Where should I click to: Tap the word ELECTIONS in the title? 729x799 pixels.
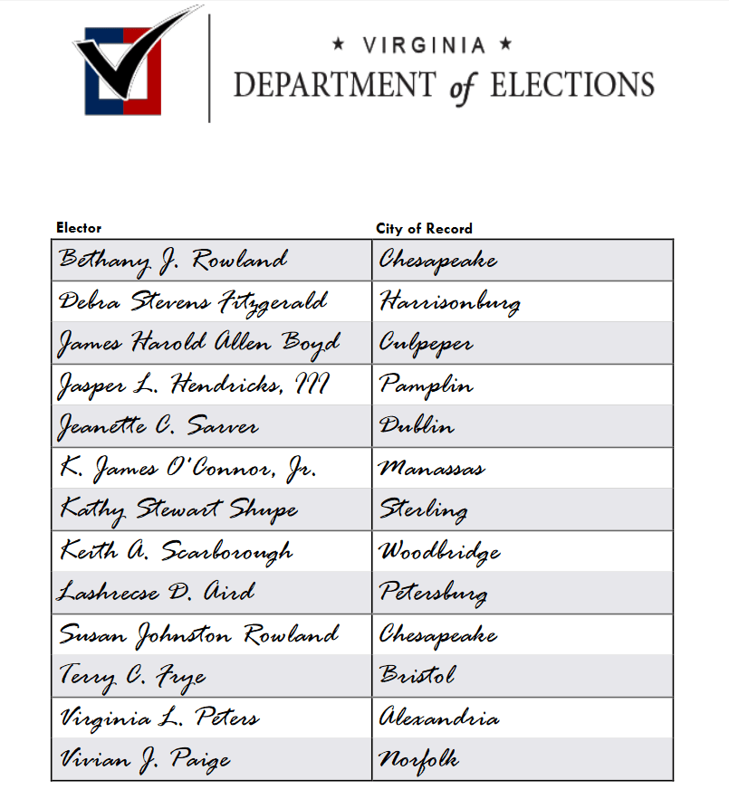[x=571, y=85]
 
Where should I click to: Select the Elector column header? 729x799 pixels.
[x=79, y=228]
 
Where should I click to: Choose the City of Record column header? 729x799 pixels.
[x=424, y=229]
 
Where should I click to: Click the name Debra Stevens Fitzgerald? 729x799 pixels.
[x=193, y=301]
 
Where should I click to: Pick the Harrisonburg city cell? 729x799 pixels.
[x=449, y=301]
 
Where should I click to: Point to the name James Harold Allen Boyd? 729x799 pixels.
[x=199, y=343]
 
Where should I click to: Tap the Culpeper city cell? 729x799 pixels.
[x=426, y=344]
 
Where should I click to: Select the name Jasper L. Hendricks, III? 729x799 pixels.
[x=193, y=385]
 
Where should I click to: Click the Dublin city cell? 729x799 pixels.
[x=417, y=426]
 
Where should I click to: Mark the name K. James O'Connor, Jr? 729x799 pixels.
[x=187, y=469]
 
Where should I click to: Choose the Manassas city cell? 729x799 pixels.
[x=431, y=469]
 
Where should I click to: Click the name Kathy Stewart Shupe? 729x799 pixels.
[x=178, y=509]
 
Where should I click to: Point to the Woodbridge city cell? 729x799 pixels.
[x=439, y=550]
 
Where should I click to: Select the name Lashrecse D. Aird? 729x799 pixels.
[x=157, y=593]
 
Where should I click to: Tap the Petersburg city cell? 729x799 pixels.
[x=433, y=593]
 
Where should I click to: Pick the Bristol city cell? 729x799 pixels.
[x=417, y=676]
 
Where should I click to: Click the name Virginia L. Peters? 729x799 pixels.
[x=159, y=718]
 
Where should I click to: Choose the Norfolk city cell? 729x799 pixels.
[x=418, y=759]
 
